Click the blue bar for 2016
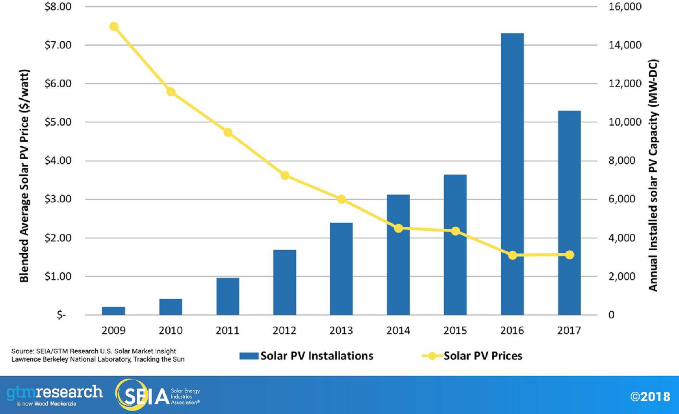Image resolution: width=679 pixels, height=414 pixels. click(512, 174)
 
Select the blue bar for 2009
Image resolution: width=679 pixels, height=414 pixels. click(113, 311)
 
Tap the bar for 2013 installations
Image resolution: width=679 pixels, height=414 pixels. click(341, 269)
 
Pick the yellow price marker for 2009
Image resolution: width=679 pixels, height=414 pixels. click(114, 27)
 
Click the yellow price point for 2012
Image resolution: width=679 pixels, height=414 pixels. click(285, 176)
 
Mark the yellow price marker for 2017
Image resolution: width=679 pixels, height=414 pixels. click(569, 255)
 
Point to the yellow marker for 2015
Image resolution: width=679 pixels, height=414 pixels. click(456, 231)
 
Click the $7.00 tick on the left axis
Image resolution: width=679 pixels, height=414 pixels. click(58, 45)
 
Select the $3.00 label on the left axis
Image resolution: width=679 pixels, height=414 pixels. click(58, 199)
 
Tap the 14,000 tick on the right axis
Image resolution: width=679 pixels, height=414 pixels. click(625, 45)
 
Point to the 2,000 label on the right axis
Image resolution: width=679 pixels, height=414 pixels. click(622, 276)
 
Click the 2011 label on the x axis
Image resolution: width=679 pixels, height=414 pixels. click(228, 330)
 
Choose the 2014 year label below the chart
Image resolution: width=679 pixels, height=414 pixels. click(398, 330)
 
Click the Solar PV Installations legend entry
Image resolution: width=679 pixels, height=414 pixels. click(306, 356)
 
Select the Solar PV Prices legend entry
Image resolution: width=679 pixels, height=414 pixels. click(472, 356)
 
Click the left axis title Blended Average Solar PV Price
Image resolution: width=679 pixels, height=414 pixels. click(24, 176)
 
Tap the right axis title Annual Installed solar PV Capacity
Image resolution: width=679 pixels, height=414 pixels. click(653, 176)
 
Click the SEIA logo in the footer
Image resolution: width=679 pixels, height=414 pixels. click(158, 395)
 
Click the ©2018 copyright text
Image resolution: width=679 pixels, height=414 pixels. click(650, 397)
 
